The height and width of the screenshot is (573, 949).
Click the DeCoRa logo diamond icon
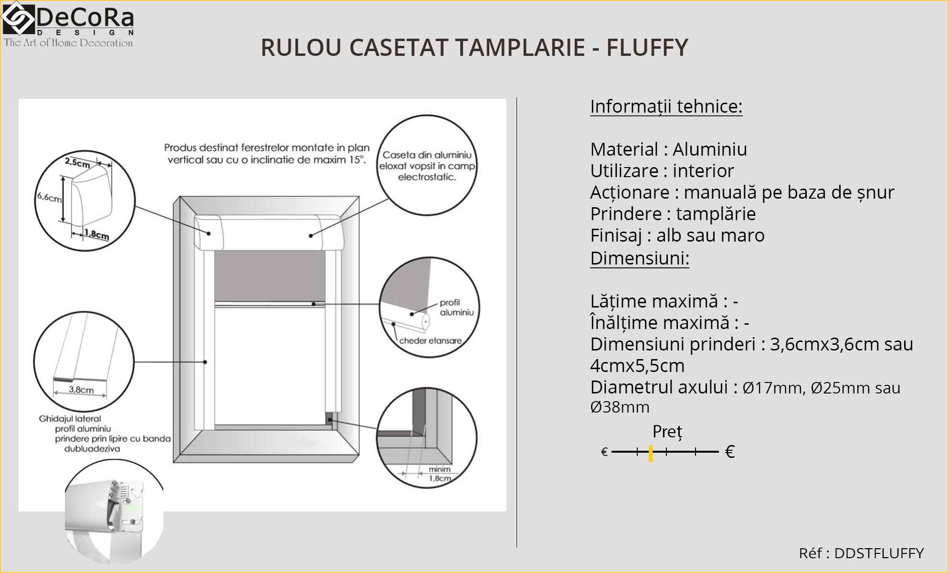[18, 18]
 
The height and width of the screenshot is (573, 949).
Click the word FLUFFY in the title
[647, 48]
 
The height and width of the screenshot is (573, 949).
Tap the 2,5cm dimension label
[77, 163]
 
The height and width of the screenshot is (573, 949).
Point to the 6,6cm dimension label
[50, 197]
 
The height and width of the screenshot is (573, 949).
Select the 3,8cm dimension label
[81, 390]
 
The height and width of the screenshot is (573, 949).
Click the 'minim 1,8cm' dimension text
[439, 474]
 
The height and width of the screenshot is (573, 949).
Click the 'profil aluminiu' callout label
[456, 308]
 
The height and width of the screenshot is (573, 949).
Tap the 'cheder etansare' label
[430, 341]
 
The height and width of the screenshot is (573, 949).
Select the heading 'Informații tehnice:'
[666, 106]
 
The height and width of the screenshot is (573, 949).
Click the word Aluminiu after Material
[709, 149]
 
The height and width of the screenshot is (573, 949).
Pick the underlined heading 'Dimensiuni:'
[639, 258]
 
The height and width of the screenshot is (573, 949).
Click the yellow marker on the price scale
[651, 453]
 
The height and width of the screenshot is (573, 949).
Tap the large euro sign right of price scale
[729, 452]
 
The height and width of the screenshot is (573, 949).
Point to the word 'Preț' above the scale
[667, 432]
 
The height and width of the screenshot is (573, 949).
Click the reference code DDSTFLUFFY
[878, 553]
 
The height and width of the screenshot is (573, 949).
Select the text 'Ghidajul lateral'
[70, 419]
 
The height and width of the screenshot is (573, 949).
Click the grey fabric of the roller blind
[270, 276]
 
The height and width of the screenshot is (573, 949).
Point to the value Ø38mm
[620, 407]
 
